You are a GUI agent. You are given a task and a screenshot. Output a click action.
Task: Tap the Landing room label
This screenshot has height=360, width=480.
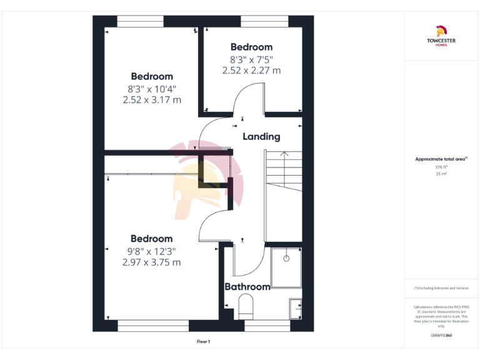[261, 136]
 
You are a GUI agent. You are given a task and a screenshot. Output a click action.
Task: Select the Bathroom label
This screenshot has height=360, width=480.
[247, 287]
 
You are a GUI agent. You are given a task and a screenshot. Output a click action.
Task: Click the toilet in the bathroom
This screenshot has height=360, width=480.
[246, 307]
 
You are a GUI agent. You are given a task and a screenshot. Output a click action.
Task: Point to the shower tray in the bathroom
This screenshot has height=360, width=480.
[286, 267]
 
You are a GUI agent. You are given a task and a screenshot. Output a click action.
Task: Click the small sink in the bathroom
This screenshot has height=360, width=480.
[295, 307]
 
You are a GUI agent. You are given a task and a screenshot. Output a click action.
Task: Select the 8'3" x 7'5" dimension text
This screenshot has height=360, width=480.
[251, 60]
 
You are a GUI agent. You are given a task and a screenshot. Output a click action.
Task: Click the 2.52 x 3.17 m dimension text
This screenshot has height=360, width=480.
[152, 99]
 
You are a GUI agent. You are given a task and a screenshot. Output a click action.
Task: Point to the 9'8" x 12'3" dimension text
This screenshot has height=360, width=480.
[152, 251]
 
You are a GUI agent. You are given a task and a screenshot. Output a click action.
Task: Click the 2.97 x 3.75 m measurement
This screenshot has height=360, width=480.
[152, 262]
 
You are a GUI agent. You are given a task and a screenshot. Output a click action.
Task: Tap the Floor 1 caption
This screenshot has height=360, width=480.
[203, 342]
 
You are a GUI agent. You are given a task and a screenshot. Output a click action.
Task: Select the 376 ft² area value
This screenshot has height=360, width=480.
[441, 167]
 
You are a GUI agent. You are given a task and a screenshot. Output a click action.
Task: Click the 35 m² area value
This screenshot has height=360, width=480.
[441, 174]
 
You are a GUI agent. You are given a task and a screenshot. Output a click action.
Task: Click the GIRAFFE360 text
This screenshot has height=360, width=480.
[441, 336]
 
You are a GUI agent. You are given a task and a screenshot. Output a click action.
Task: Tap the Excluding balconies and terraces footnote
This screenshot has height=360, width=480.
[441, 287]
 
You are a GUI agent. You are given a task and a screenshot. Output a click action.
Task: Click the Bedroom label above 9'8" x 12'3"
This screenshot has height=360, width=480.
[152, 239]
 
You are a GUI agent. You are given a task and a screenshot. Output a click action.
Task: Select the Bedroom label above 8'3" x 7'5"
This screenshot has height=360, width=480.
[251, 47]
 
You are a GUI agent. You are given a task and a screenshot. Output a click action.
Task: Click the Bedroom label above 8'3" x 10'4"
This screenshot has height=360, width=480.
[152, 77]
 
